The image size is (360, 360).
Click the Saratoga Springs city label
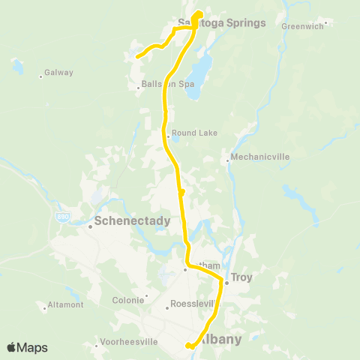click(x=222, y=22)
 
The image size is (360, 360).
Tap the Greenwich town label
click(x=301, y=26)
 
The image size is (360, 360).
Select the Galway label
click(x=58, y=73)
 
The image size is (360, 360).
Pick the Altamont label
click(x=65, y=306)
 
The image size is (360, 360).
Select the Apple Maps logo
click(x=27, y=347)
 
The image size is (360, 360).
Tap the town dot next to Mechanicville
click(x=227, y=160)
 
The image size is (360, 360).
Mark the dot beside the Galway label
click(x=40, y=75)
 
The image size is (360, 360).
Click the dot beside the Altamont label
click(x=45, y=306)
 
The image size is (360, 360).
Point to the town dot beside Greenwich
click(x=327, y=22)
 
